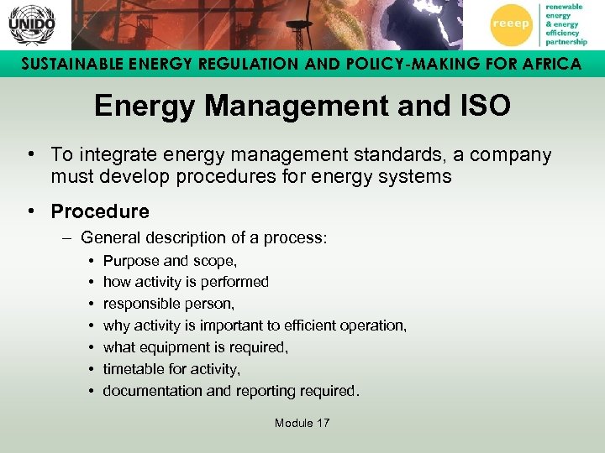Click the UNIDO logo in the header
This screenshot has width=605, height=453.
(x=31, y=25)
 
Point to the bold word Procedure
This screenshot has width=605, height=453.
(x=100, y=211)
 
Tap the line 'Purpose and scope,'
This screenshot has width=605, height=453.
(x=170, y=261)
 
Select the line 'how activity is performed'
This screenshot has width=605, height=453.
(x=186, y=282)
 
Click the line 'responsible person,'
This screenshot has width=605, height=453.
(x=169, y=304)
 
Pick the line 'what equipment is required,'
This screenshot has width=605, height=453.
(x=196, y=347)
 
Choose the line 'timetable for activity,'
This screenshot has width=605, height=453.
(x=171, y=369)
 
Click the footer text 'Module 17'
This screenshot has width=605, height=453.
(x=302, y=423)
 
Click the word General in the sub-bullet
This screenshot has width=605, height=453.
(x=108, y=238)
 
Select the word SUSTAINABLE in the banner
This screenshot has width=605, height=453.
(x=66, y=64)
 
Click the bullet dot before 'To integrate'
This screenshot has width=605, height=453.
(x=29, y=155)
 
